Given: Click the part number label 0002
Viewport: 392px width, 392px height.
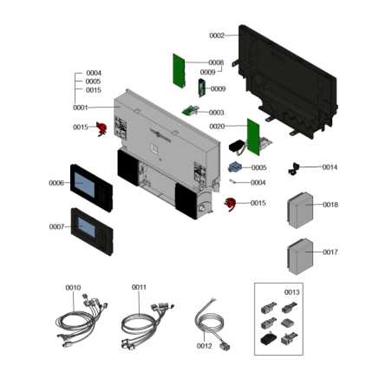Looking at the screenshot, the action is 217,36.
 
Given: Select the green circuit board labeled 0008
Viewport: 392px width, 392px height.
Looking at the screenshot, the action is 179,71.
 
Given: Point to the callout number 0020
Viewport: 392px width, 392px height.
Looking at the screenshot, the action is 217,127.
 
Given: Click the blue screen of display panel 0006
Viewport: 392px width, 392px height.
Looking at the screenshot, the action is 85,185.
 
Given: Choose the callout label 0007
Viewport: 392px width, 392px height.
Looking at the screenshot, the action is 56,226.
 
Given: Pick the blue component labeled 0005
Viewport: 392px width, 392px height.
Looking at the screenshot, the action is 234,167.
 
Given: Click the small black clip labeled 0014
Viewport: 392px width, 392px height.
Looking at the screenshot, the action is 294,168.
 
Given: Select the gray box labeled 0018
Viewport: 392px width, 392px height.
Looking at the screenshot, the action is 300,210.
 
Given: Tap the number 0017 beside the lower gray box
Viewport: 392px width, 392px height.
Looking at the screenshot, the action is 330,252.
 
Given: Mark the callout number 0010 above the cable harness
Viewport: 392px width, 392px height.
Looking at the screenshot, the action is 73,288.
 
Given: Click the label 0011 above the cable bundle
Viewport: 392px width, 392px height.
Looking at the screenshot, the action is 139,287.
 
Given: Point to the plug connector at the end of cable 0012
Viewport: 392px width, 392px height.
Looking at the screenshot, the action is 225,346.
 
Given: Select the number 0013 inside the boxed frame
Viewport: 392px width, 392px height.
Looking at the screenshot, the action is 292,292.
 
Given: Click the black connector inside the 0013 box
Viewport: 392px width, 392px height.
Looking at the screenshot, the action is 268,338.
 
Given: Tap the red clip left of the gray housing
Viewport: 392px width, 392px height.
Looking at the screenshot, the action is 101,129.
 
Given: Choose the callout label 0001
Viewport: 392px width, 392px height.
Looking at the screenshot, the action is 81,108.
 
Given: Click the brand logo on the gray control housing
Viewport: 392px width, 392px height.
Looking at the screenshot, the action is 160,135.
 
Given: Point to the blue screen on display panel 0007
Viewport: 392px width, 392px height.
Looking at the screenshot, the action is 87,227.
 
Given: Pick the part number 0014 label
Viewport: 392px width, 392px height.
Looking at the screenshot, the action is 330,167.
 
